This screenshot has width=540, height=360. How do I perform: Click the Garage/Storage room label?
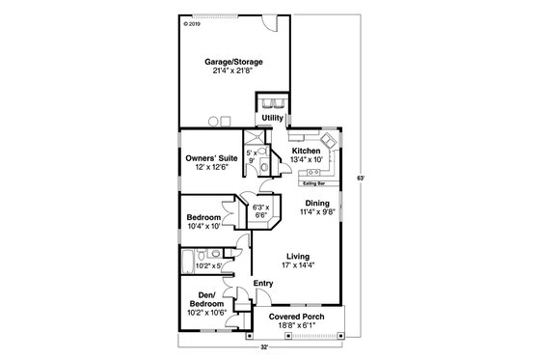(233, 62)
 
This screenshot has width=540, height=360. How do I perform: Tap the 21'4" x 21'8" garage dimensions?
(233, 72)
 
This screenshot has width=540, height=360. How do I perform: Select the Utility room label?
(273, 118)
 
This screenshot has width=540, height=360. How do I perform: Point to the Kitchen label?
(307, 151)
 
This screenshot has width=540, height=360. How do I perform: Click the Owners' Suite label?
(211, 157)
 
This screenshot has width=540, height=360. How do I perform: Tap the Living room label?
(297, 255)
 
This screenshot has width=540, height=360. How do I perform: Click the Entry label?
(263, 283)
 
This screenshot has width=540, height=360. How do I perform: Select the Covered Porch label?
(296, 318)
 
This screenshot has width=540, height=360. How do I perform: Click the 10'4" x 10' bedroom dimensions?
(203, 226)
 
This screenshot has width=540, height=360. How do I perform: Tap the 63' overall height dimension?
(359, 179)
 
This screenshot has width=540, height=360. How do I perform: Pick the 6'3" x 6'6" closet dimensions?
(259, 212)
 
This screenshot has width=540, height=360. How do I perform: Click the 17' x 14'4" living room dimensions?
(297, 264)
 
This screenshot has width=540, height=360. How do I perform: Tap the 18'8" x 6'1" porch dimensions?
(296, 327)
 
